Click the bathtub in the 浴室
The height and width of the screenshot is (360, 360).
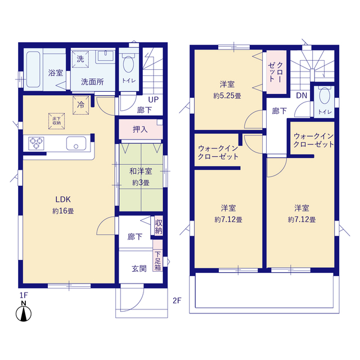(x=33, y=70)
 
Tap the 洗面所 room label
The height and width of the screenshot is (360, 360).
(x=92, y=82)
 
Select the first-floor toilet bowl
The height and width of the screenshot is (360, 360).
(x=129, y=64)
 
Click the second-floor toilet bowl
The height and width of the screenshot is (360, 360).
(x=325, y=98)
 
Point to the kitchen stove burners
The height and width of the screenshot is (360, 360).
(x=37, y=143)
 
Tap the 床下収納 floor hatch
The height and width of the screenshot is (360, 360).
(x=57, y=120)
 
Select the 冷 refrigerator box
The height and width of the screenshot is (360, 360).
(x=80, y=103)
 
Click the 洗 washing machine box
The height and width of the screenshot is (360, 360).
(x=80, y=59)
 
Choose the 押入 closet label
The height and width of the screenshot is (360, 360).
(x=140, y=130)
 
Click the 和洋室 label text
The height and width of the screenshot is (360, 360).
(x=140, y=172)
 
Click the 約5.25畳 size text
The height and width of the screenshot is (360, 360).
(x=227, y=96)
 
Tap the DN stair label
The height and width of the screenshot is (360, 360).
(x=301, y=95)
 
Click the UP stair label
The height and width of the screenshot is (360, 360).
(x=152, y=98)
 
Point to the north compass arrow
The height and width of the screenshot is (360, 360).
(x=24, y=313)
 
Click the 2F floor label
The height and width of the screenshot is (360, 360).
(x=177, y=300)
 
